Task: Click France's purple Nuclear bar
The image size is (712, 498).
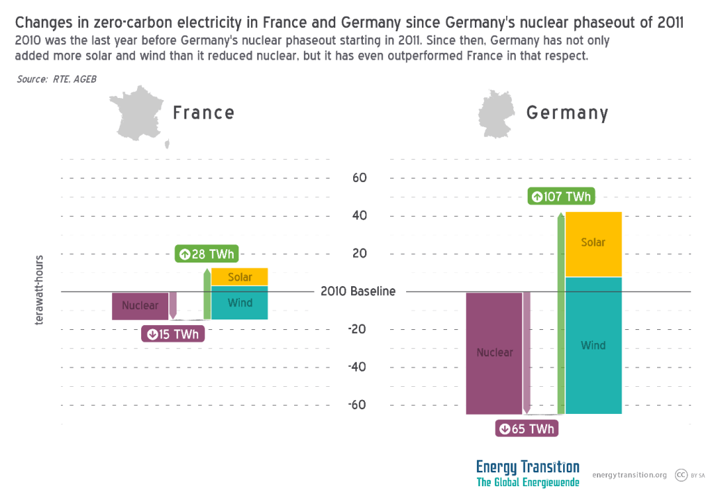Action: point(140,306)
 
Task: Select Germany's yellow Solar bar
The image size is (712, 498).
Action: point(593,244)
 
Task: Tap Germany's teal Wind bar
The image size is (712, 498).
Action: point(593,345)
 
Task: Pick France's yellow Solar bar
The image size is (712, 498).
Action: point(240,276)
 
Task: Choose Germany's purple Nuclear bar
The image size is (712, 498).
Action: point(494,353)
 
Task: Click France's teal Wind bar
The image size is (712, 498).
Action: point(240,303)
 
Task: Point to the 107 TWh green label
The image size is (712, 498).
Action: point(561,197)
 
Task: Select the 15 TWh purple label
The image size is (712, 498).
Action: point(173,334)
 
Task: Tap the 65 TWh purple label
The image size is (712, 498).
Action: point(526,429)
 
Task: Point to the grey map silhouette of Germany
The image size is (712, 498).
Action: point(496,115)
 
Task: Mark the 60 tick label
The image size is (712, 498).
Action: point(359,178)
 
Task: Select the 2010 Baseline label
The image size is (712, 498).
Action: point(358,292)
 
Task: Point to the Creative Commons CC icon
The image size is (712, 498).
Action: point(681,475)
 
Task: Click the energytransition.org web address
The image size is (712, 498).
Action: point(629,475)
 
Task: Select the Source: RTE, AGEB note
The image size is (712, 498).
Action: point(56,79)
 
